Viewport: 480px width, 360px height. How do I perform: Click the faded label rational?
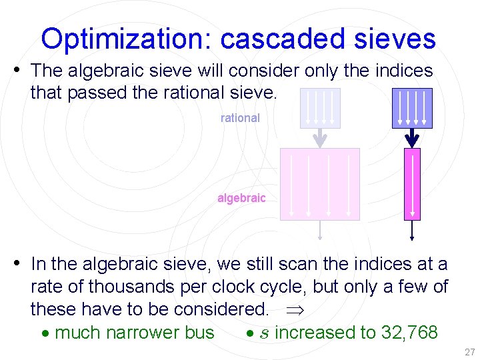click(x=240, y=118)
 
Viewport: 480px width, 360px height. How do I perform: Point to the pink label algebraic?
click(x=241, y=198)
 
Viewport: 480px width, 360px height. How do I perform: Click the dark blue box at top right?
click(x=412, y=108)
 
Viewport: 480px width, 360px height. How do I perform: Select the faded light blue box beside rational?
click(x=320, y=108)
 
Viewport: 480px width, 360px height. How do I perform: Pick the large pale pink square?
click(x=320, y=184)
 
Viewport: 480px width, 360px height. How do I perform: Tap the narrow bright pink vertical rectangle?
click(x=412, y=184)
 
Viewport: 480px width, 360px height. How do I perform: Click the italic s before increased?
click(x=265, y=333)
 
